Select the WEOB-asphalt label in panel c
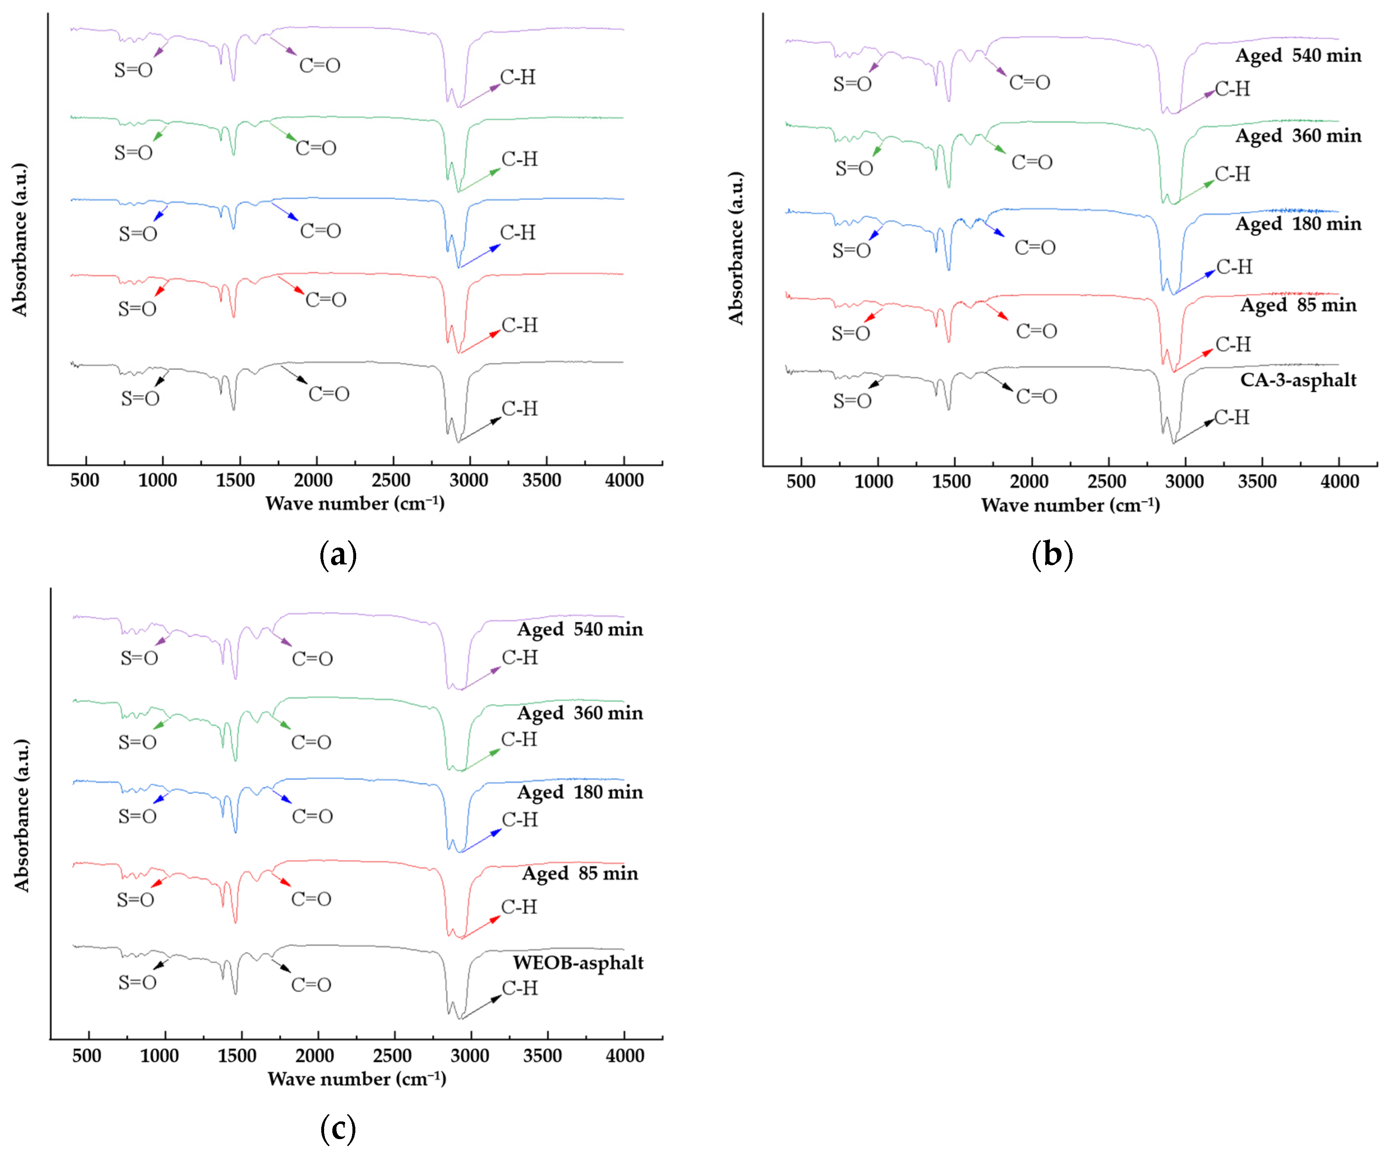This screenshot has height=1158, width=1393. point(578,962)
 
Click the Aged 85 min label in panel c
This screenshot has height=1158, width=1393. point(580,873)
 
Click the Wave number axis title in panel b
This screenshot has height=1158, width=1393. point(1070,505)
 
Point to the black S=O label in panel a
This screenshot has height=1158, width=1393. point(140,398)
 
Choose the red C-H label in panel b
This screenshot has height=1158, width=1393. point(1232,345)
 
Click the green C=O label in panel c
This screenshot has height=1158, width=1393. point(311,742)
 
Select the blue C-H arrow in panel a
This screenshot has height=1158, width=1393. point(479,256)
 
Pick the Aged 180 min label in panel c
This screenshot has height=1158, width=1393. point(580,792)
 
